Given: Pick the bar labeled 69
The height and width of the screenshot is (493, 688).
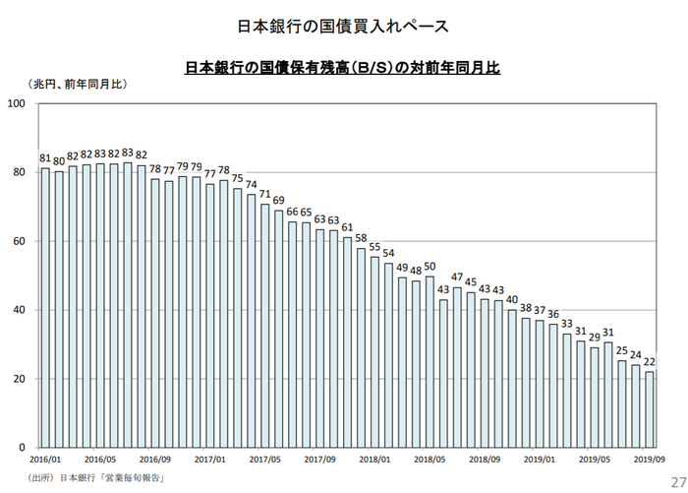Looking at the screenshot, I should coord(279,329).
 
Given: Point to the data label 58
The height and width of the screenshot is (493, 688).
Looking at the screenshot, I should coord(361,239).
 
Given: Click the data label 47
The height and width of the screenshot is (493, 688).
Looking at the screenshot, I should coord(457,277).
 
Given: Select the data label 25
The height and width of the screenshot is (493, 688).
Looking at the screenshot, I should coord(622,351).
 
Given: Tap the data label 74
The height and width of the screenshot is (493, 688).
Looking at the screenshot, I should coord(252,184).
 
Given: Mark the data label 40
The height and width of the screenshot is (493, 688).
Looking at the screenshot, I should coord(512,300).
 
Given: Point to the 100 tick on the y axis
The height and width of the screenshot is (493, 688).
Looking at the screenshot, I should coord(17,103).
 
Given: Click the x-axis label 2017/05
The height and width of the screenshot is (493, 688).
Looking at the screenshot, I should coord(265,460).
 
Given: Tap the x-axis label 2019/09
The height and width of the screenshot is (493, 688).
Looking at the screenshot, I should coord(650,460).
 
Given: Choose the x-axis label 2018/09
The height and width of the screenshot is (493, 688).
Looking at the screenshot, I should coord(485,460).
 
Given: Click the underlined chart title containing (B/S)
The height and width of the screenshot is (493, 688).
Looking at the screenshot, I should coord(343,68).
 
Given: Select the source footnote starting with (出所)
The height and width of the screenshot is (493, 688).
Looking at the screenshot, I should coord(95,477).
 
